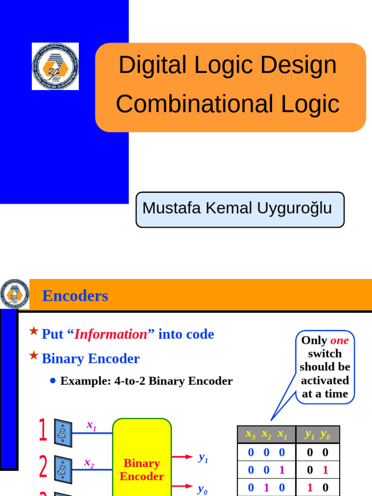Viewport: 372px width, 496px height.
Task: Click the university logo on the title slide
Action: [55, 66]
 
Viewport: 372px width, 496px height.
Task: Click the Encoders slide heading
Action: [75, 295]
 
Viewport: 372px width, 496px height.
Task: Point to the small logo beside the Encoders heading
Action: [15, 294]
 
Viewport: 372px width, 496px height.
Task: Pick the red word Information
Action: [110, 334]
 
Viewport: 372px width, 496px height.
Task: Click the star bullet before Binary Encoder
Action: [33, 356]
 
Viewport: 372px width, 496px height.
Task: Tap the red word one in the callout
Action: [340, 340]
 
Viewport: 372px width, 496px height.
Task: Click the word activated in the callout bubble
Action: [325, 380]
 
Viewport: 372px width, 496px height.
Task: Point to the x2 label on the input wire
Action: [89, 463]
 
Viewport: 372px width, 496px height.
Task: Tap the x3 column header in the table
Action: [250, 435]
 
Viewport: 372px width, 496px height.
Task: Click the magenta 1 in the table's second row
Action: [282, 470]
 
